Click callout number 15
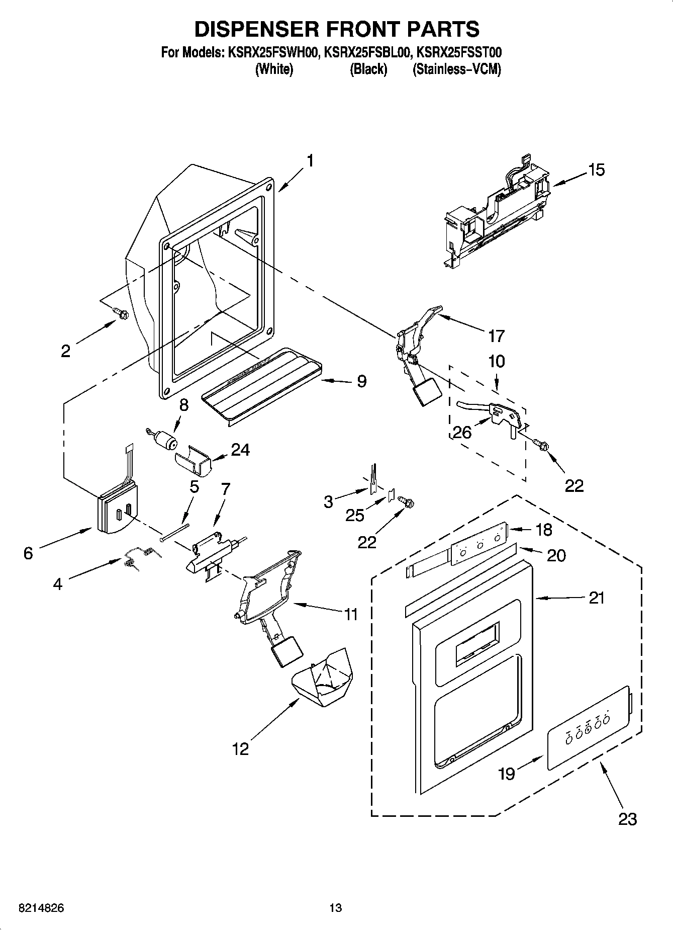click(x=597, y=170)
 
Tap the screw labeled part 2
click(x=121, y=313)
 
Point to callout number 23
click(x=628, y=819)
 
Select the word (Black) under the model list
click(x=368, y=69)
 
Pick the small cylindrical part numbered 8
click(x=165, y=441)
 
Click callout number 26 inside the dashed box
click(x=462, y=432)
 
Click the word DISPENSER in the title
click(x=255, y=29)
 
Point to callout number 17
click(x=496, y=335)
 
